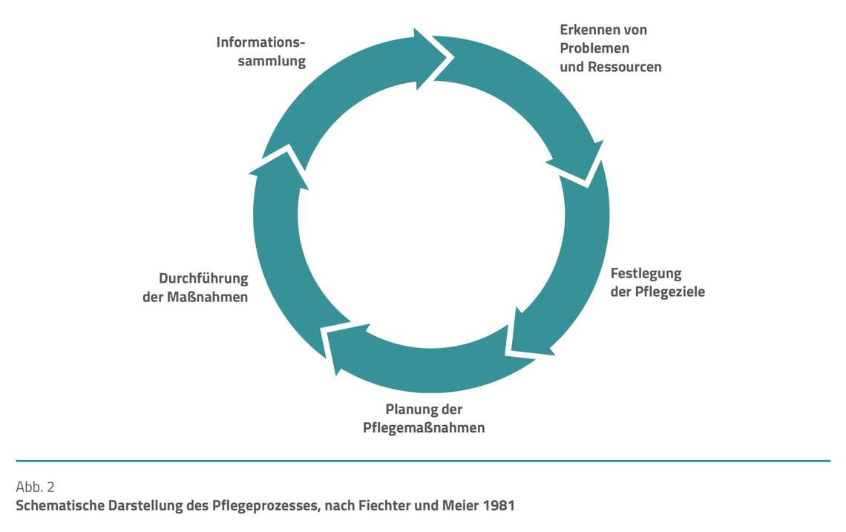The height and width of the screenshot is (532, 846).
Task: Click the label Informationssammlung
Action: coord(260,51)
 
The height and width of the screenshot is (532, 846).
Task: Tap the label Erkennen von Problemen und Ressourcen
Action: coord(610,48)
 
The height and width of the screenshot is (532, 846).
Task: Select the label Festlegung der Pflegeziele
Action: coord(657,282)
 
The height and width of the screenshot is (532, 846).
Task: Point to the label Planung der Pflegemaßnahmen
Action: coord(424,418)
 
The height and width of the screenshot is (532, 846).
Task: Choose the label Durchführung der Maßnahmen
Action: coord(195,288)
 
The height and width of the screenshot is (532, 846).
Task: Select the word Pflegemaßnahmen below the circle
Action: coord(424,428)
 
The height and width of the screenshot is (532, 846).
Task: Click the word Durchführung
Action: coord(203,279)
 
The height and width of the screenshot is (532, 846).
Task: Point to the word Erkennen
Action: coord(588,30)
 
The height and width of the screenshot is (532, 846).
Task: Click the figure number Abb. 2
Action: coord(35,487)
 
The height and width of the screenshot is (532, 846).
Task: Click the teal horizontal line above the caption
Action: coord(423,461)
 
